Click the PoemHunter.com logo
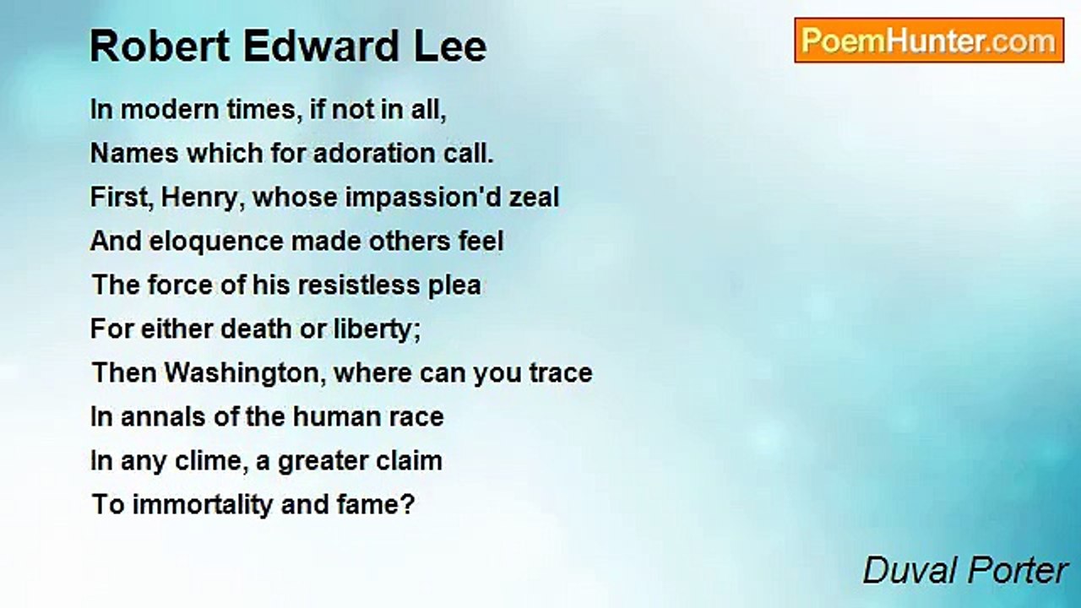[928, 41]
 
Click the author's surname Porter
[1019, 571]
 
